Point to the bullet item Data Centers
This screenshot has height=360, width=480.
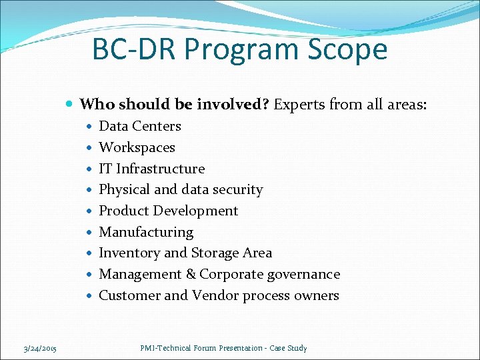tap(140, 126)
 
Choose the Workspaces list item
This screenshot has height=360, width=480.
tap(137, 147)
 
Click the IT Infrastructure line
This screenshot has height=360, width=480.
tap(151, 169)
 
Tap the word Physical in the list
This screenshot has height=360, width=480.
tap(125, 190)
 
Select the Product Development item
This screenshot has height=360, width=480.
tap(168, 211)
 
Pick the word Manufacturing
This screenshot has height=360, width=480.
tap(146, 232)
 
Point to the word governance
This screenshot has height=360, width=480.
tap(303, 274)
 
